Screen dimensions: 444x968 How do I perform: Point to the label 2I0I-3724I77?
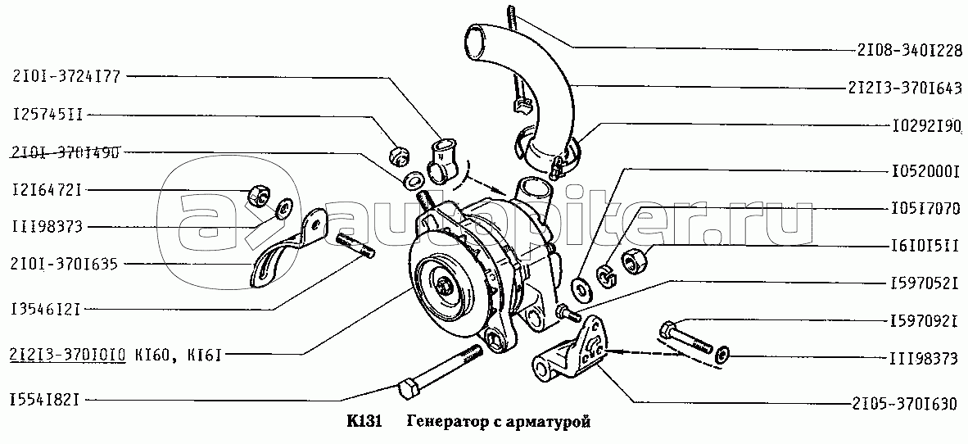[67, 77]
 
